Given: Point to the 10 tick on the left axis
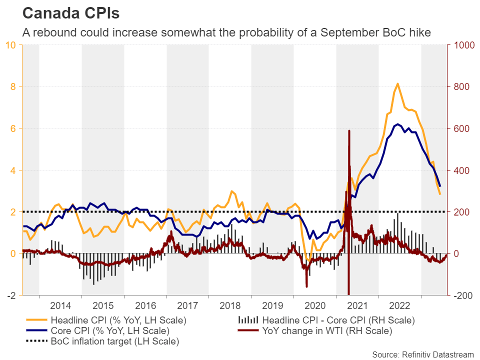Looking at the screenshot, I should [11, 45].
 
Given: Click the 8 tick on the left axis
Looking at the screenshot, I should [14, 86].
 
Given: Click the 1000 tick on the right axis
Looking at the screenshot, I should [462, 45].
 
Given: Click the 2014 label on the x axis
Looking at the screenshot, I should [60, 305].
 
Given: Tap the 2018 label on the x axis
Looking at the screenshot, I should [230, 305].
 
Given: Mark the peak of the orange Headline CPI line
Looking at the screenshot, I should [397, 83].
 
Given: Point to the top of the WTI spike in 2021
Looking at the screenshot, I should [349, 131].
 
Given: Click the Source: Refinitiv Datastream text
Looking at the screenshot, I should [422, 354].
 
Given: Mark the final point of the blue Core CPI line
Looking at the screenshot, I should [440, 186].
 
